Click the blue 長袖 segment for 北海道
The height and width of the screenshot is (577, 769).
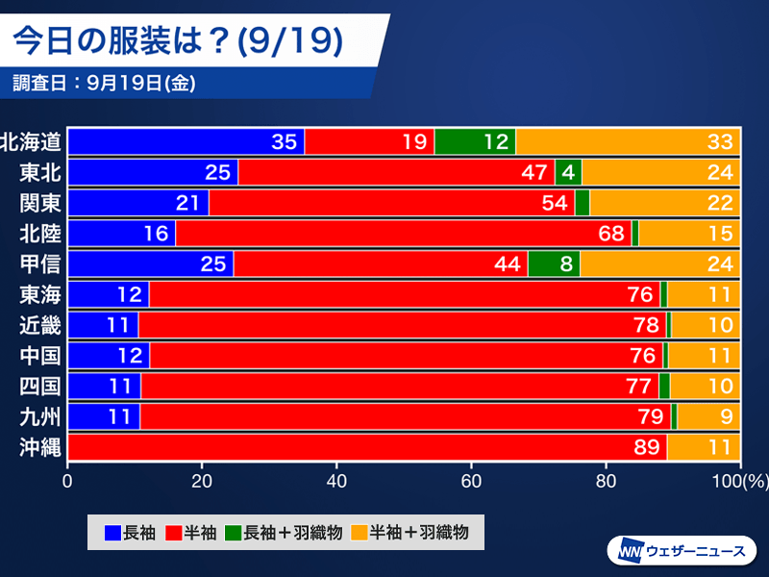(x=186, y=141)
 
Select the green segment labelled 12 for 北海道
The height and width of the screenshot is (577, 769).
(x=475, y=141)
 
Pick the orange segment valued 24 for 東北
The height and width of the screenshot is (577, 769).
(x=660, y=172)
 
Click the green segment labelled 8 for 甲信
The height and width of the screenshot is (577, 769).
(x=554, y=263)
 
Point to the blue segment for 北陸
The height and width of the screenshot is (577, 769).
(x=122, y=233)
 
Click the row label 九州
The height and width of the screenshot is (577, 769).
(x=40, y=416)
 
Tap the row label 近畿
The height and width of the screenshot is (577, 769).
(x=40, y=325)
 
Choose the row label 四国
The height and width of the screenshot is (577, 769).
(x=40, y=386)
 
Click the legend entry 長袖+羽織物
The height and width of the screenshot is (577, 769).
(x=284, y=531)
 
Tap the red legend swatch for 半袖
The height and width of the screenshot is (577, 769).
(x=173, y=531)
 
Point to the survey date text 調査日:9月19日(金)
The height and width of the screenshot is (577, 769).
(x=105, y=83)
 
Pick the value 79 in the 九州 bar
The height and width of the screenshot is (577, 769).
(x=652, y=416)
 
